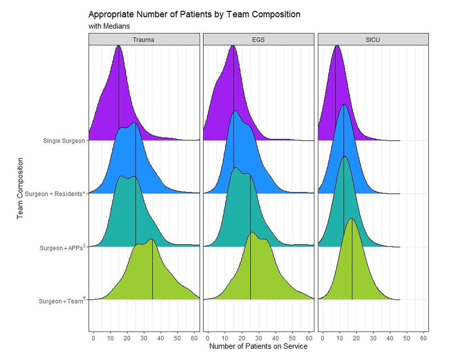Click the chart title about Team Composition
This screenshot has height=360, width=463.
194,15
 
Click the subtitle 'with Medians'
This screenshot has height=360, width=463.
109,26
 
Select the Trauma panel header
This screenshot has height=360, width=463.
144,40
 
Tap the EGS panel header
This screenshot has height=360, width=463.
259,40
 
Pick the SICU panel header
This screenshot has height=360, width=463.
373,40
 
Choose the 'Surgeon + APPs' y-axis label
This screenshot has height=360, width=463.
61,248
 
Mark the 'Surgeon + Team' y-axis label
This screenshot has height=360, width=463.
61,301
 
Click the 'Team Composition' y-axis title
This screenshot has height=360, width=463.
20,188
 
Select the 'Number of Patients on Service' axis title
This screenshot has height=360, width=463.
258,346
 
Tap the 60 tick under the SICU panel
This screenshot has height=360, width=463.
424,337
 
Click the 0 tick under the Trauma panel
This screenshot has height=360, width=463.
93,337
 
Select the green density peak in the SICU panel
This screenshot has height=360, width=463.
351,219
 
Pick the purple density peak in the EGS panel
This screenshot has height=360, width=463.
233,46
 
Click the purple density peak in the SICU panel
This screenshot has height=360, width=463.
337,46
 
